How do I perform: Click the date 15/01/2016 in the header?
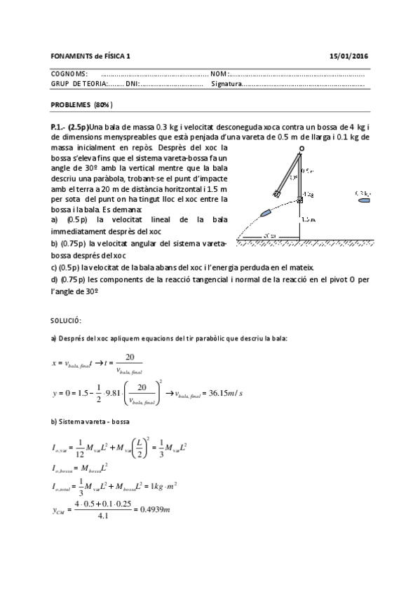click(348, 55)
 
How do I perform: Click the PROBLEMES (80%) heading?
click(82, 104)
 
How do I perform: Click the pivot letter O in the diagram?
click(302, 148)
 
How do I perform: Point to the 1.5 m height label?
click(309, 219)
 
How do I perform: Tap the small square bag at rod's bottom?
click(299, 201)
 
